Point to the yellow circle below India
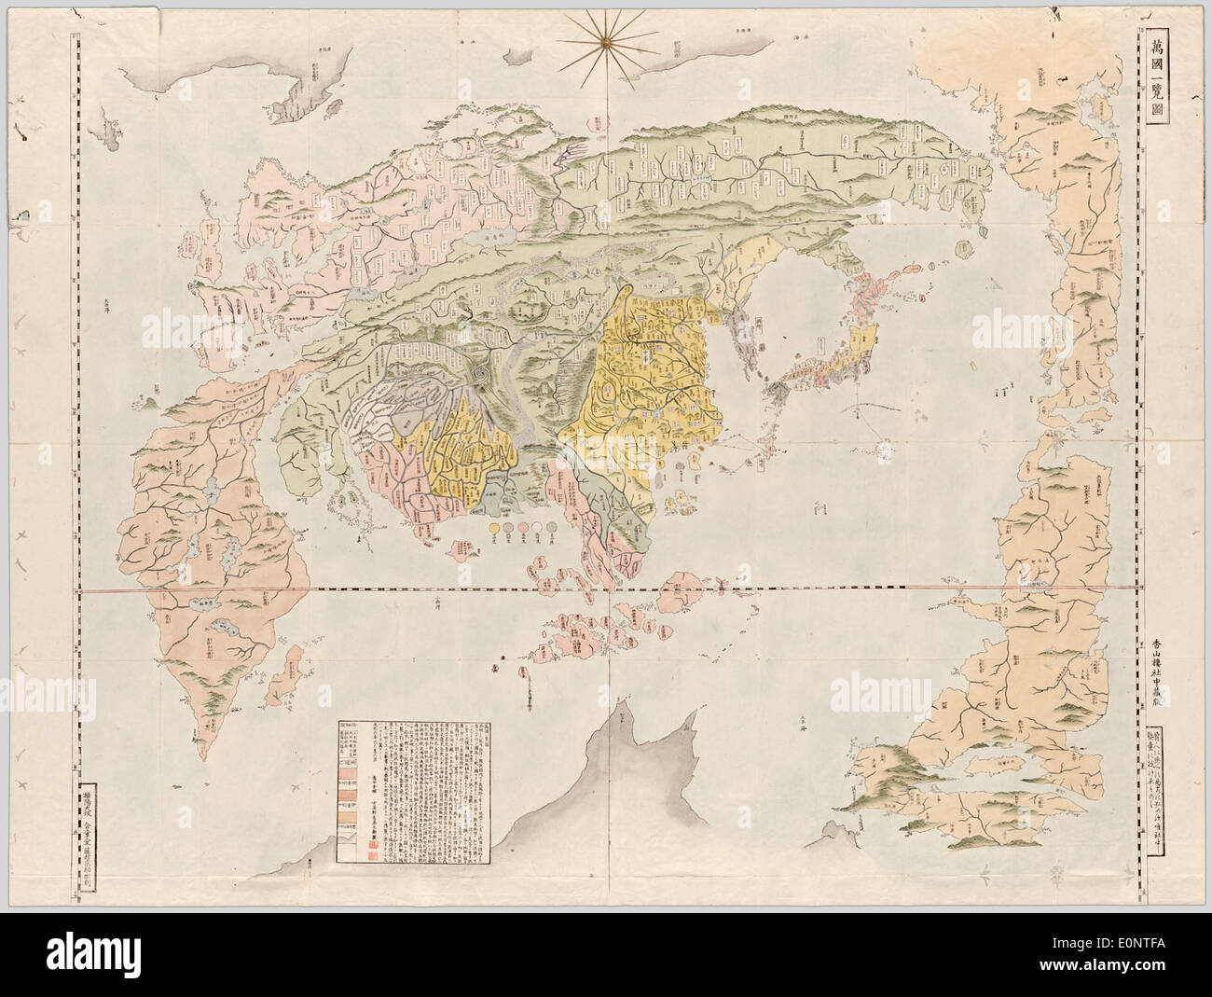(x=492, y=529)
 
